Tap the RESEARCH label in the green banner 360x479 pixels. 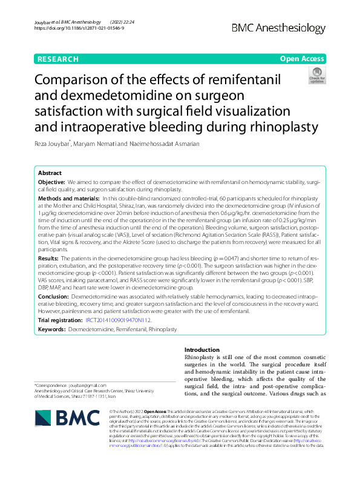point(58,59)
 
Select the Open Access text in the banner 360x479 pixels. point(301,59)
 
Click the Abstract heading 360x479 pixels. point(50,173)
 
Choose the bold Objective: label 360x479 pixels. point(51,182)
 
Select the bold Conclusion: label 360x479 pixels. point(54,297)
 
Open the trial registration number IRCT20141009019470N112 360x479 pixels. point(119,320)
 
